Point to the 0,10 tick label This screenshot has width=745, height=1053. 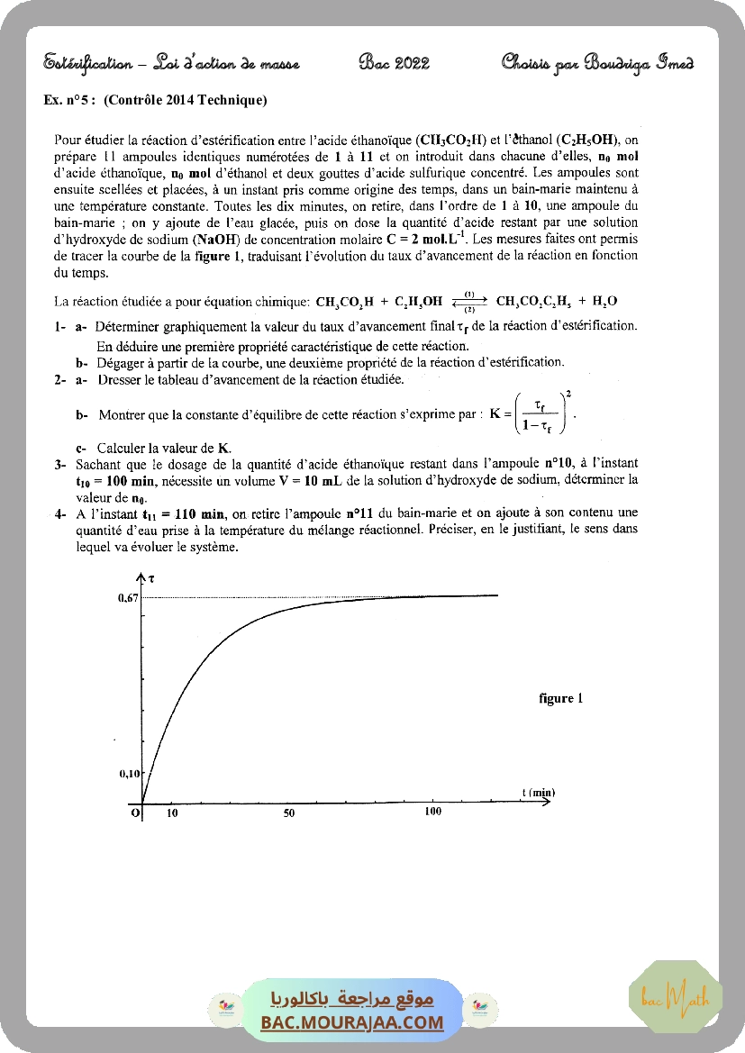(130, 773)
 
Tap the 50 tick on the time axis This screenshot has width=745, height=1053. (289, 813)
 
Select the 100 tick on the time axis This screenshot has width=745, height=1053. (432, 812)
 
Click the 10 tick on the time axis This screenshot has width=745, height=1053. (173, 813)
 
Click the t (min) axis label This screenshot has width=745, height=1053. (538, 792)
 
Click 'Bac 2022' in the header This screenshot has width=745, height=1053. (394, 63)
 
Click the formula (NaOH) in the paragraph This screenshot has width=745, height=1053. (207, 239)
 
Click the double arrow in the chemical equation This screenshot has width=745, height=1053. (469, 301)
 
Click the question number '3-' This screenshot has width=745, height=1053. (60, 464)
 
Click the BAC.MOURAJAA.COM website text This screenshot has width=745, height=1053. (352, 1022)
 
